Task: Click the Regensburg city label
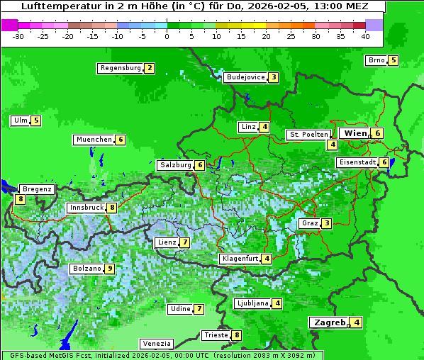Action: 120,68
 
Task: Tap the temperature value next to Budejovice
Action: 273,77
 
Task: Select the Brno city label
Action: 376,60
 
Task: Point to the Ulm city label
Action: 20,120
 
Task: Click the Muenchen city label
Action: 94,140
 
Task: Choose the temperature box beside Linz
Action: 264,128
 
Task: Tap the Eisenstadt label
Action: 357,162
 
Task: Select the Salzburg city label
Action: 175,165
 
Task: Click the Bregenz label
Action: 38,189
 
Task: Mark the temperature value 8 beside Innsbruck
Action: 111,208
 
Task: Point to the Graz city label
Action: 309,223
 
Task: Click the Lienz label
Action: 167,242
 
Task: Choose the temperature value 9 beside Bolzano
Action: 109,269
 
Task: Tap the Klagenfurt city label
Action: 239,259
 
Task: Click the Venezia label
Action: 156,343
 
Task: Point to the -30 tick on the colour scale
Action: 18,35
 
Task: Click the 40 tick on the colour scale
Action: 365,35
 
